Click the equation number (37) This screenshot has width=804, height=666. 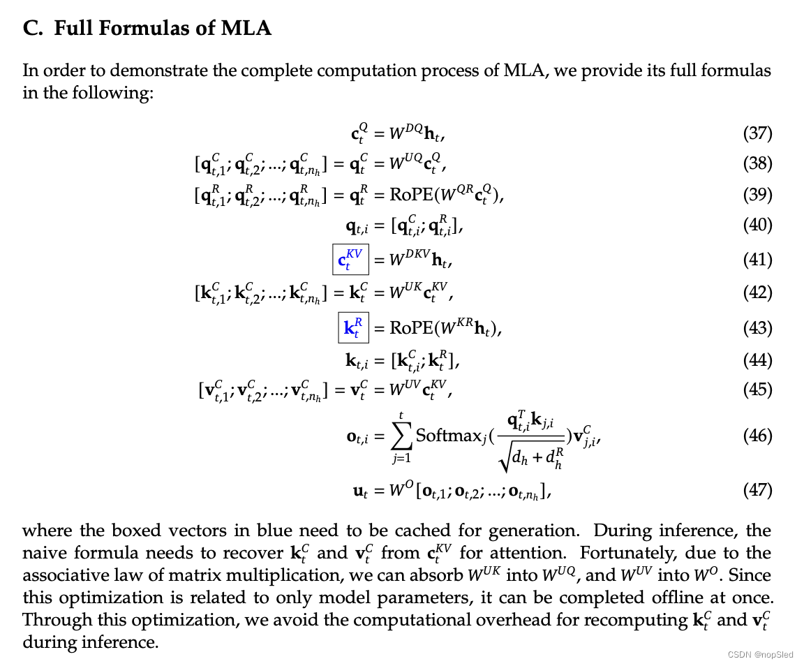757,133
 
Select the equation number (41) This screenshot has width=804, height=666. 757,260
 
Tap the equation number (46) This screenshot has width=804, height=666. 757,436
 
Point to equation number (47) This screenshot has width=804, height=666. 757,490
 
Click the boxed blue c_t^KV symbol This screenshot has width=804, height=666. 350,260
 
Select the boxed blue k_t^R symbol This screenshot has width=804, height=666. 353,327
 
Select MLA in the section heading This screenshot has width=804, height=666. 247,29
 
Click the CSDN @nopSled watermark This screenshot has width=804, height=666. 760,655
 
